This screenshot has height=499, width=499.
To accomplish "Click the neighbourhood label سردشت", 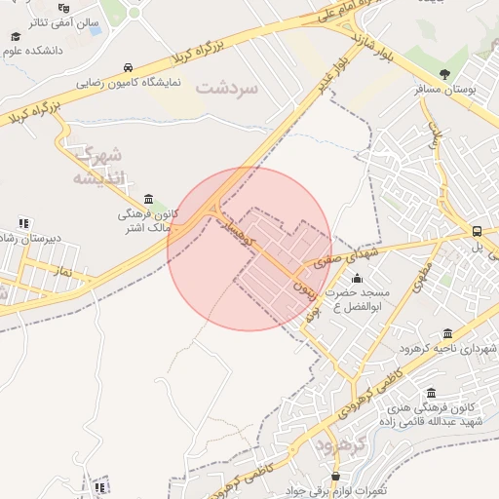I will [227, 88].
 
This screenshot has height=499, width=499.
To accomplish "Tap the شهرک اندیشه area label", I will [99, 166].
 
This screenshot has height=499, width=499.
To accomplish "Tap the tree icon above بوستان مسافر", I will [445, 74].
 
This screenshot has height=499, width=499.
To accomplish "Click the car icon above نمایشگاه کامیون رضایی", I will [129, 67].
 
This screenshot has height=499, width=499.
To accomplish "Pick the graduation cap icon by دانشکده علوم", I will [16, 36].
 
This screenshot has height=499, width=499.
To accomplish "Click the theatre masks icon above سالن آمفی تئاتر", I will [63, 6].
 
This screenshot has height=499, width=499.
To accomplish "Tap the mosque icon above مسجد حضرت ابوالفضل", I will [356, 279].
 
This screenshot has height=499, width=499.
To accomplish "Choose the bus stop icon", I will [477, 232].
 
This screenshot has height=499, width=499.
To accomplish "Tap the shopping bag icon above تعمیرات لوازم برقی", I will [336, 477].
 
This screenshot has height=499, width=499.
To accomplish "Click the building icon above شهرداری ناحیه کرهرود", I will [447, 333].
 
